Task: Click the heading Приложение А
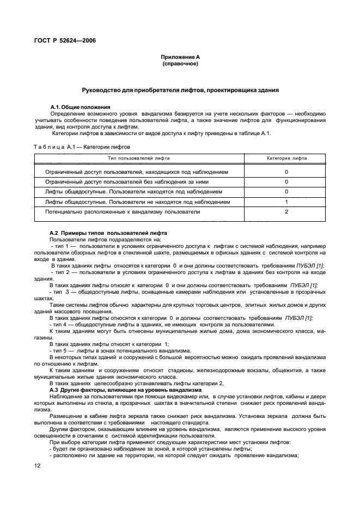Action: tap(180, 57)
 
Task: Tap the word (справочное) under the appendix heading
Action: tap(180, 64)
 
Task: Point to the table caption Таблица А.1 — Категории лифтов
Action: tap(82, 147)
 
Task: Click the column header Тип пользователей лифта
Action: tap(138, 158)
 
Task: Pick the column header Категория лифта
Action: tap(286, 158)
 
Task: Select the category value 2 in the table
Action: tap(286, 211)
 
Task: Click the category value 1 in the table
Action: tap(286, 202)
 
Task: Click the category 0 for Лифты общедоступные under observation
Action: tap(286, 192)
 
